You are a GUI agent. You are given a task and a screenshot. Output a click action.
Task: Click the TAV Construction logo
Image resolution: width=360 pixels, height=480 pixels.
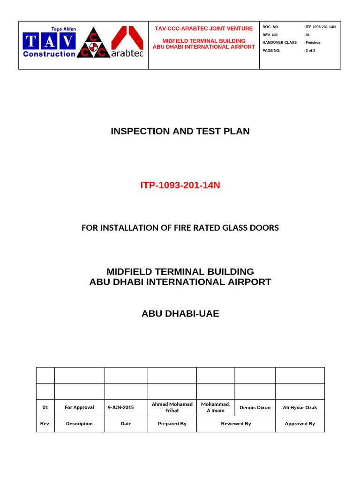(49, 43)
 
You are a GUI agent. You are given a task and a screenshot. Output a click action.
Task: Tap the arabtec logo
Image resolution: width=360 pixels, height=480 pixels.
(127, 42)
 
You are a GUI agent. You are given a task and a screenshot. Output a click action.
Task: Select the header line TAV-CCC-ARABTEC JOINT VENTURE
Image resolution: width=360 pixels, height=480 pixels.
(204, 29)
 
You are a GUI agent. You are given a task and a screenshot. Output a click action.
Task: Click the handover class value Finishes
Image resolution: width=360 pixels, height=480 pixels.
(313, 42)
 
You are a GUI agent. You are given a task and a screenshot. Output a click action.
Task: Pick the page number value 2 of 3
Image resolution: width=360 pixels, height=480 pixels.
(310, 50)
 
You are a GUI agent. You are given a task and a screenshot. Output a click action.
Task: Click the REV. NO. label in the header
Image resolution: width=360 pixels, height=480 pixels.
(270, 35)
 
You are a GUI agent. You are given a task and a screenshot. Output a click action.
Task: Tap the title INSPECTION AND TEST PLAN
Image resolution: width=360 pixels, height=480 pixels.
(180, 131)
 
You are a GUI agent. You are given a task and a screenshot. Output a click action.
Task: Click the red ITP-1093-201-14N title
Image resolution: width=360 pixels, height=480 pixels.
(180, 186)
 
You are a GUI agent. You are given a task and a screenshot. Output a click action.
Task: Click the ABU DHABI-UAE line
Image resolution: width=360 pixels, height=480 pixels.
(180, 314)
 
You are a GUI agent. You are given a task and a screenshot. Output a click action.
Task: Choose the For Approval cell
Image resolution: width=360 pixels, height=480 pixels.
(79, 407)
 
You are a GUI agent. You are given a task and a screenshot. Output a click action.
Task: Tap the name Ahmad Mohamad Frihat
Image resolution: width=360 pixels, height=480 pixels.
(172, 407)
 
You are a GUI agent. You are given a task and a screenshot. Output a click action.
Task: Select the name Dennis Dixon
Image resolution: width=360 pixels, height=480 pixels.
(255, 407)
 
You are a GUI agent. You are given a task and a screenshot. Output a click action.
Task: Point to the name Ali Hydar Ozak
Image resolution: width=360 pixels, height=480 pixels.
(300, 407)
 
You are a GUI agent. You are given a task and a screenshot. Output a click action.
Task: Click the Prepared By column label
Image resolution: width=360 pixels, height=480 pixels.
(172, 423)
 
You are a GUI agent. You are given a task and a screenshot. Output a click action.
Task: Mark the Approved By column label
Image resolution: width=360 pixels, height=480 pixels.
(300, 423)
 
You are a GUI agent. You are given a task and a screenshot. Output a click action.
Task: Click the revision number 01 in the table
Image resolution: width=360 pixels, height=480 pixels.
(45, 407)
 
